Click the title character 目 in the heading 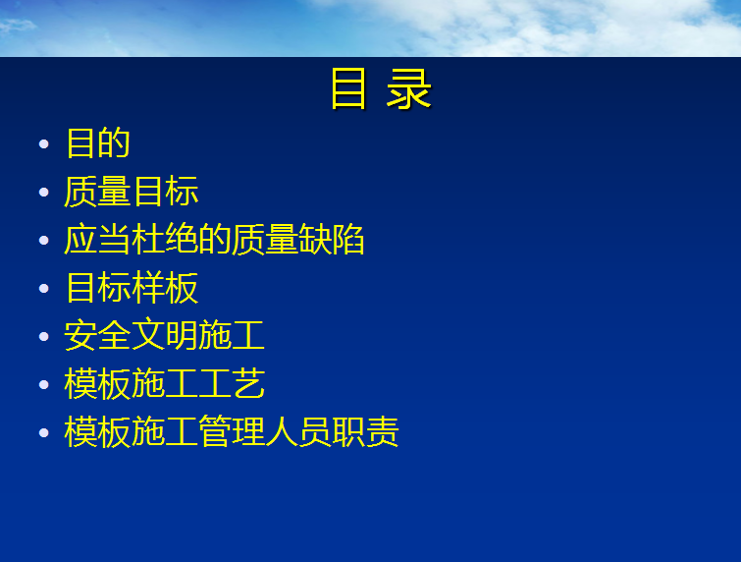tap(348, 88)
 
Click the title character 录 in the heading tap(408, 88)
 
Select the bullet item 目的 tap(98, 142)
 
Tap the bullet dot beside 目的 tap(44, 143)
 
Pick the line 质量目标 tap(131, 192)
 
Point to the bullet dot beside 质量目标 tap(44, 192)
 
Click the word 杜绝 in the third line tap(165, 240)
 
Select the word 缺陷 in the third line tap(332, 240)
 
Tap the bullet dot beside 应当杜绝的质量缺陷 tap(44, 241)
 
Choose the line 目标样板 tap(132, 287)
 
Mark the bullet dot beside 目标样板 tap(44, 289)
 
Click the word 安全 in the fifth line tap(97, 335)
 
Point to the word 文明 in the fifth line tap(165, 335)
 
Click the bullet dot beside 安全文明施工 tap(44, 336)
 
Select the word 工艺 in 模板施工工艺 tap(232, 383)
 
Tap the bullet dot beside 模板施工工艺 tap(44, 384)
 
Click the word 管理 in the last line tap(232, 431)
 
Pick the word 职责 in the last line tap(366, 431)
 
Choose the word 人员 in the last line tap(298, 431)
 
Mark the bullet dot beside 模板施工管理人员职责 tap(44, 433)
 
